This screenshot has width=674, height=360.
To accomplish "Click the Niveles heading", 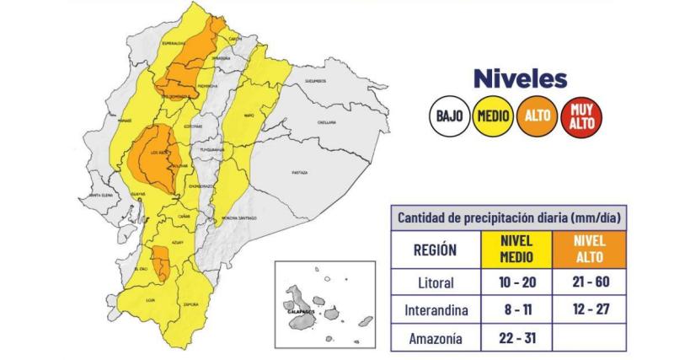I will [x=519, y=80].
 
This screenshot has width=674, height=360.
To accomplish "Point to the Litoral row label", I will [x=436, y=282].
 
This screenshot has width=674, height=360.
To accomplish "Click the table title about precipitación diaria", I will [x=511, y=218].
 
